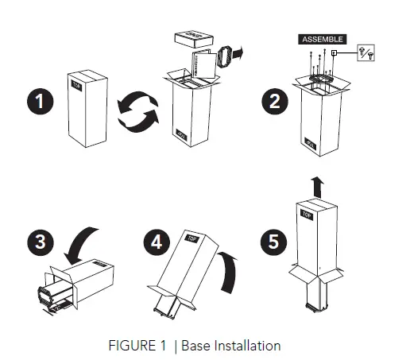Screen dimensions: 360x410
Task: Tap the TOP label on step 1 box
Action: [x=77, y=83]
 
